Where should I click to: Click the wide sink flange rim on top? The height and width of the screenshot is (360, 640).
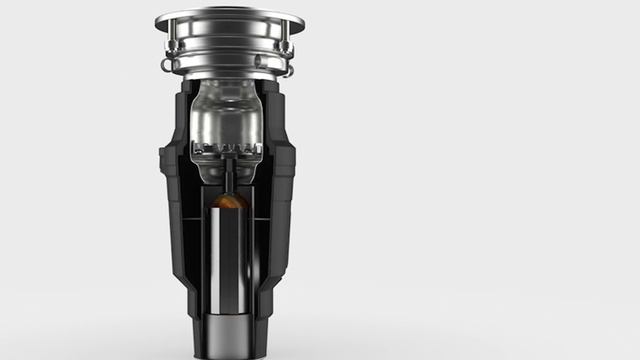click(229, 18)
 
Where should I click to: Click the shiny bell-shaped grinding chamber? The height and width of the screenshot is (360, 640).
click(229, 115)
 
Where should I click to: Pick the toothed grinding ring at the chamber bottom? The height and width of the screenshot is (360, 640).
click(229, 152)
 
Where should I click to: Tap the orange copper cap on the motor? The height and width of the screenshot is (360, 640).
click(229, 202)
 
